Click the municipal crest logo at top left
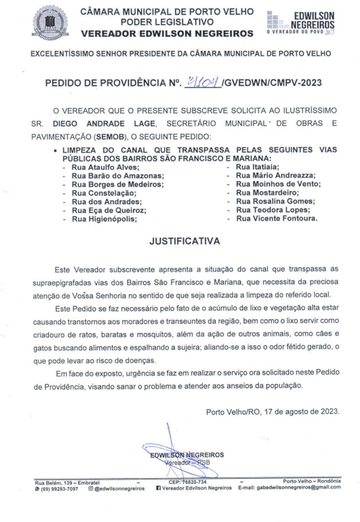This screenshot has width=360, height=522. [50, 22]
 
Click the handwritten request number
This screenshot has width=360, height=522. [203, 82]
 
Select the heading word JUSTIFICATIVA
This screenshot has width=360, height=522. [184, 241]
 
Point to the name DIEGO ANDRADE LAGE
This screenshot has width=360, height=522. [104, 124]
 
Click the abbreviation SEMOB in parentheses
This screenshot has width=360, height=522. [110, 137]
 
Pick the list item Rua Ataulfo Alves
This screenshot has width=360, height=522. [105, 167]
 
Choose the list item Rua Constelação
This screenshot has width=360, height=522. [104, 193]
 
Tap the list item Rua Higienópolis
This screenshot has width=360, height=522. [104, 219]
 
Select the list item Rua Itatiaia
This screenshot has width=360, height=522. [257, 167]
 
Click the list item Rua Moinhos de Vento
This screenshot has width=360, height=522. [278, 184]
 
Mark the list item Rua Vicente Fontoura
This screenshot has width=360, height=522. [276, 218]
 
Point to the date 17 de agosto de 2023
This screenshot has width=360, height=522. [301, 411]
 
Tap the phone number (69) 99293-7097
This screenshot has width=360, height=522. [59, 489]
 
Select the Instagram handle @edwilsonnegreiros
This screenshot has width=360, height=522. [119, 489]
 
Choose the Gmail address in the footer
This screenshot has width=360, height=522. [298, 488]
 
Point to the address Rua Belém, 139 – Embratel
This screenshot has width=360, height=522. [67, 483]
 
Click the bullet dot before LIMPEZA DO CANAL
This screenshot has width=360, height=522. [55, 151]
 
